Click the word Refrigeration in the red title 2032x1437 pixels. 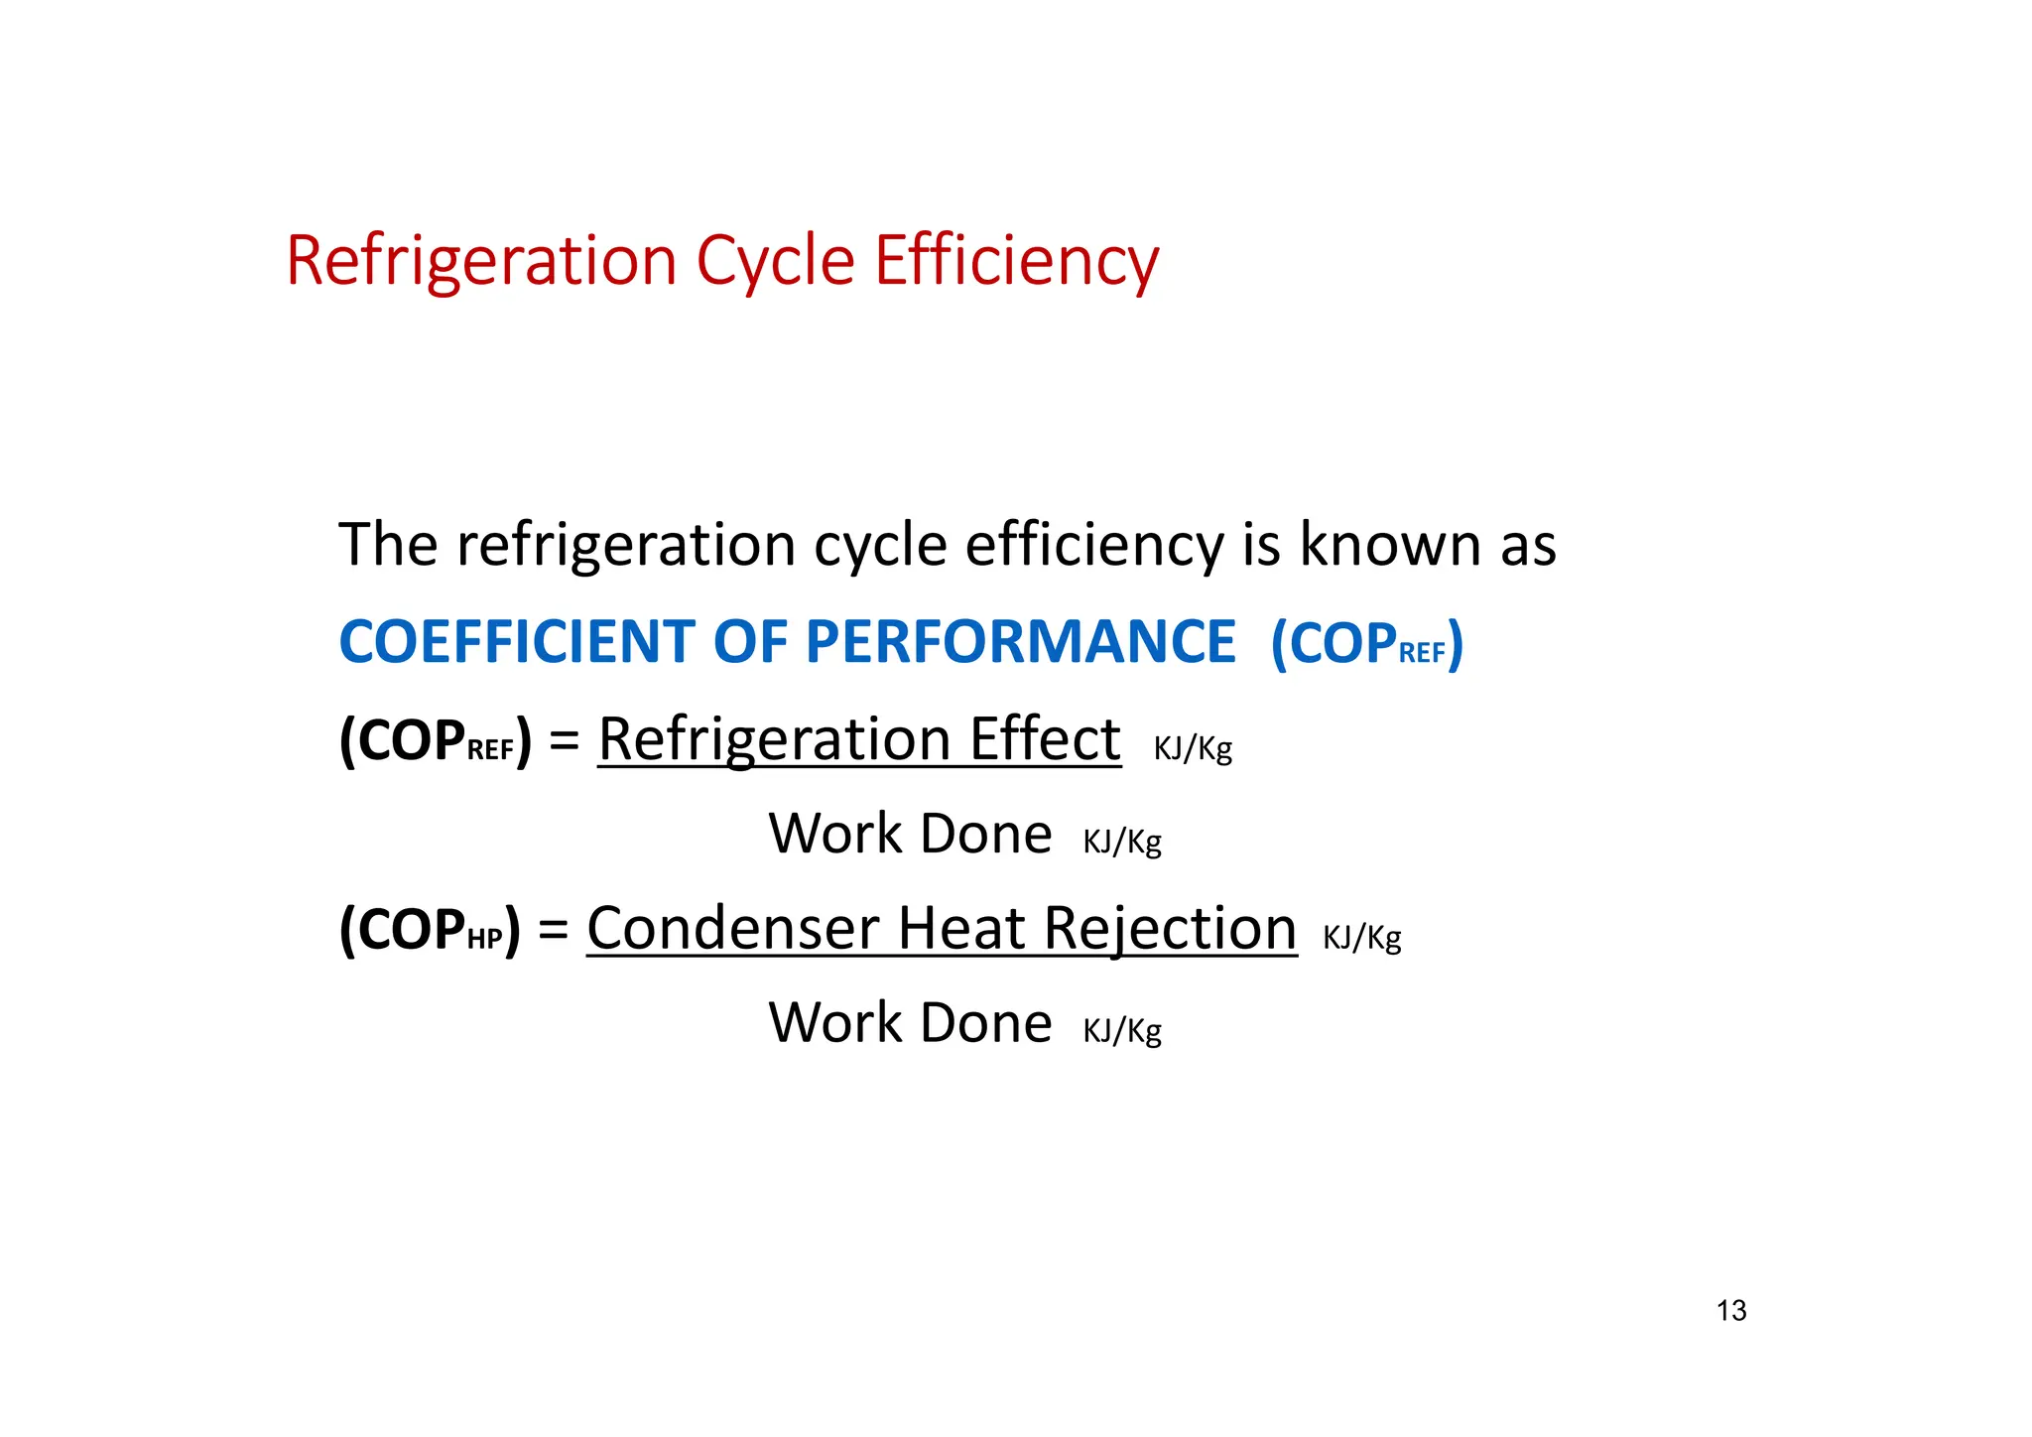(481, 261)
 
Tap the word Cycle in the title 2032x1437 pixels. (775, 261)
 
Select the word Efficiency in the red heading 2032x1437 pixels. (1016, 261)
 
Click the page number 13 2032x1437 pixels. (1731, 1311)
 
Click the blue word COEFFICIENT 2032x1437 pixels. (517, 642)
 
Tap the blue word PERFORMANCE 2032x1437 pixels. (1021, 642)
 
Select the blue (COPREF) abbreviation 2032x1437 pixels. (1367, 644)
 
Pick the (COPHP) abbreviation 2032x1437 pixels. (430, 930)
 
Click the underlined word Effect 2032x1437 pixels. (1045, 739)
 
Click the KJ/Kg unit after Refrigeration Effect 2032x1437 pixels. (1193, 748)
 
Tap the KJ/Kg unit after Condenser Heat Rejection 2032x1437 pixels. (1362, 937)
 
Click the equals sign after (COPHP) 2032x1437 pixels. (554, 930)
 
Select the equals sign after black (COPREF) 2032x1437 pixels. (565, 740)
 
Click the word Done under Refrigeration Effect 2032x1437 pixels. (986, 834)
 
